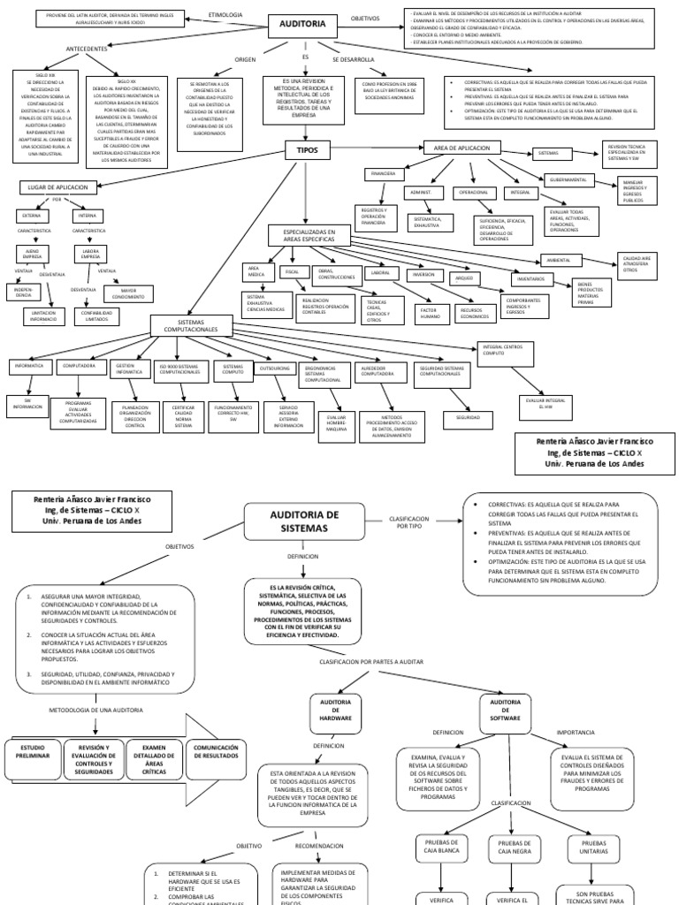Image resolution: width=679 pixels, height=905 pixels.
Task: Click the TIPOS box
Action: [x=306, y=151]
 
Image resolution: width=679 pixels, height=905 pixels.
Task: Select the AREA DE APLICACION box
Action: [x=462, y=147]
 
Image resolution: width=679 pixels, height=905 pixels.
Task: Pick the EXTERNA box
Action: [x=31, y=215]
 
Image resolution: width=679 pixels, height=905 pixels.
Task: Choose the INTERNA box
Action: [x=88, y=215]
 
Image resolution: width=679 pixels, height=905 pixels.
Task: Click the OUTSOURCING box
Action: [x=274, y=365]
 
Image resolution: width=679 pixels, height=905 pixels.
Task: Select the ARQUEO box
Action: [x=463, y=278]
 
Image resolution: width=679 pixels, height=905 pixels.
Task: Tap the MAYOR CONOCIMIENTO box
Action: [x=128, y=292]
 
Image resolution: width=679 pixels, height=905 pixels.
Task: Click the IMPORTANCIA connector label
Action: [x=576, y=733]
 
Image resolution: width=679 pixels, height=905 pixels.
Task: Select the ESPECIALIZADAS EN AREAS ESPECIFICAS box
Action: [x=307, y=236]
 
